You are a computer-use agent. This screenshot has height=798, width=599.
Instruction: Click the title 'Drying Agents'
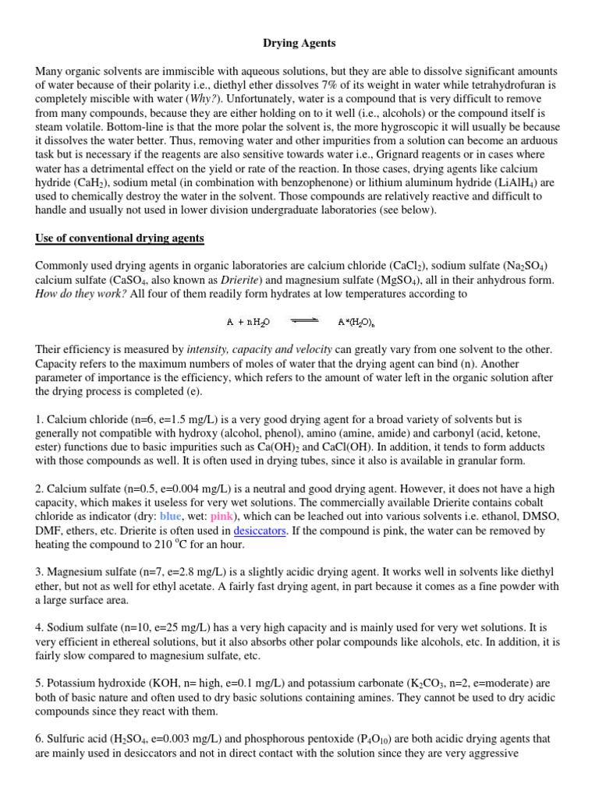click(x=299, y=44)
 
